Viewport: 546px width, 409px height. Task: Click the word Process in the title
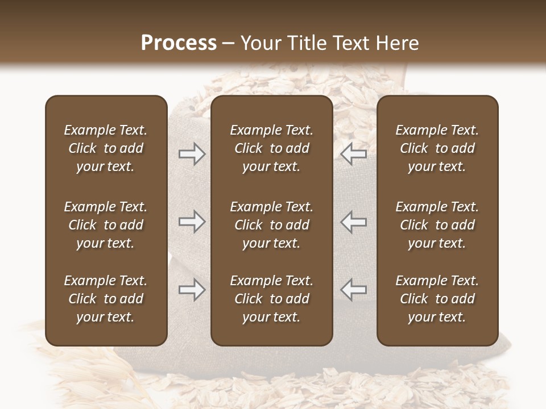[x=179, y=43]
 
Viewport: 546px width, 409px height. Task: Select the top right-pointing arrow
[x=192, y=153]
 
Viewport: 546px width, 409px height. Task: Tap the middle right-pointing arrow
[x=192, y=222]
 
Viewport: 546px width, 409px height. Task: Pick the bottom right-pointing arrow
[x=192, y=290]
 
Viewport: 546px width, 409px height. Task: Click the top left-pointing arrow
[x=354, y=153]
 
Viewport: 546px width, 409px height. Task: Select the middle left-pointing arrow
[x=354, y=222]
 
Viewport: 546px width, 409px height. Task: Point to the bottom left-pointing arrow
[x=354, y=290]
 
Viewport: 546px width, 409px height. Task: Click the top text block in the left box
[x=106, y=148]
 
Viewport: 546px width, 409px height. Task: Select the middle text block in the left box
[x=106, y=225]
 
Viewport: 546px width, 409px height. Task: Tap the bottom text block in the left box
[x=106, y=299]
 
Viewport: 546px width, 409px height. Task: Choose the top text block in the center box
[x=272, y=148]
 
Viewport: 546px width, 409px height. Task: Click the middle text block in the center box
[x=272, y=225]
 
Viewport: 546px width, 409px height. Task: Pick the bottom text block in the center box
[x=272, y=299]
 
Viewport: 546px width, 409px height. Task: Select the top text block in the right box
[x=437, y=148]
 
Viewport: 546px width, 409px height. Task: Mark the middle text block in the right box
[x=437, y=225]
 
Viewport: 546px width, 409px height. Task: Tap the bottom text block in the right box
[x=437, y=299]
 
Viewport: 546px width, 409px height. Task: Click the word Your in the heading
[x=260, y=43]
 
